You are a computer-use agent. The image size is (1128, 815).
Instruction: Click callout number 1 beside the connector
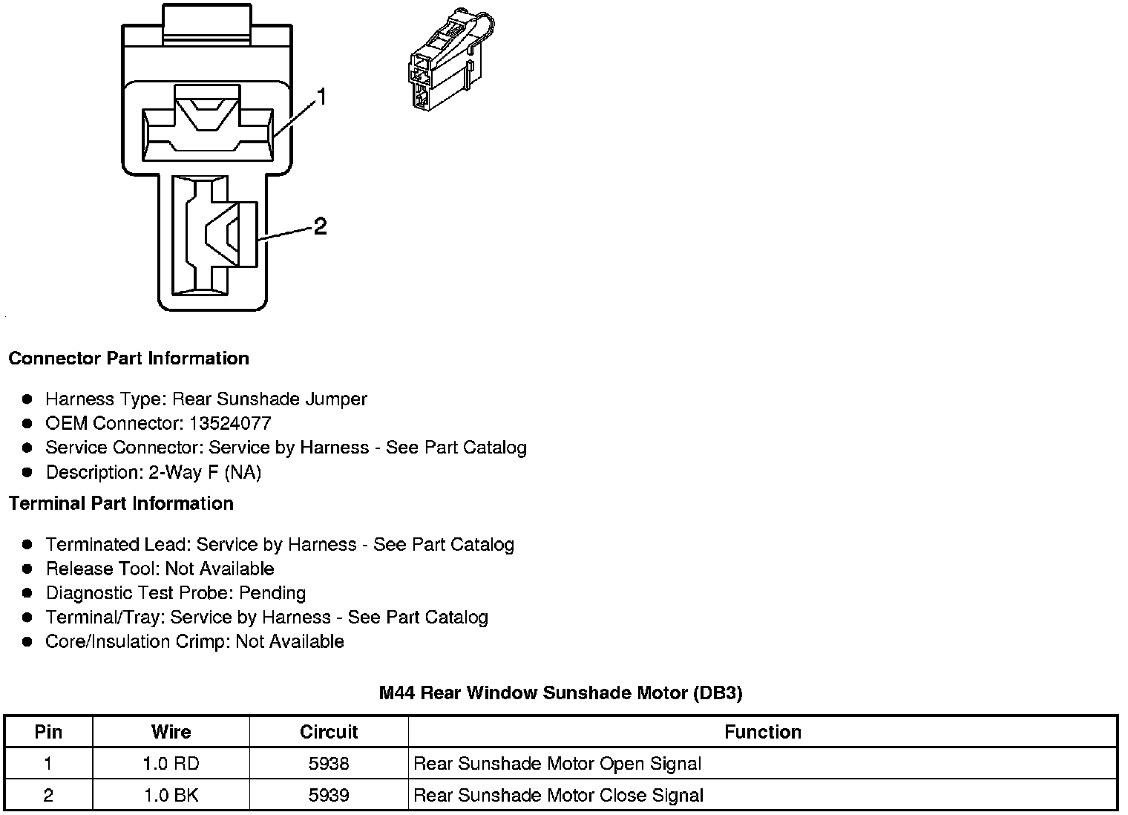pyautogui.click(x=321, y=97)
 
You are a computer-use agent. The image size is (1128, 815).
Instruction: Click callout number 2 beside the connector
pyautogui.click(x=320, y=226)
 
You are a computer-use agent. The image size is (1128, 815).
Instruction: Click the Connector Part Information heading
pyautogui.click(x=128, y=359)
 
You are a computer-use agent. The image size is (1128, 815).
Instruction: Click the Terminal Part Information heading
pyautogui.click(x=121, y=504)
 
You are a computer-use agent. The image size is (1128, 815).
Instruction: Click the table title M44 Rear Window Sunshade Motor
pyautogui.click(x=560, y=693)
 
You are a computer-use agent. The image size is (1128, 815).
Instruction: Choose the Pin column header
pyautogui.click(x=48, y=732)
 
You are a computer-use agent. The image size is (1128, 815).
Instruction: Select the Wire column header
pyautogui.click(x=171, y=732)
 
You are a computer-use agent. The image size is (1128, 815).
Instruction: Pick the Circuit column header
pyautogui.click(x=329, y=732)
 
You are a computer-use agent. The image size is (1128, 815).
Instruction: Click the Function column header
pyautogui.click(x=762, y=732)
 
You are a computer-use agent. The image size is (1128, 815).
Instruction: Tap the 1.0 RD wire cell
pyautogui.click(x=171, y=764)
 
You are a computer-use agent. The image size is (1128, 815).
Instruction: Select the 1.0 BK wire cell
pyautogui.click(x=171, y=796)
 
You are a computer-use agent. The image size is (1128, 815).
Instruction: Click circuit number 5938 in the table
pyautogui.click(x=329, y=764)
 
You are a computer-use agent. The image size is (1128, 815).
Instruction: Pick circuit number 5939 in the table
pyautogui.click(x=329, y=796)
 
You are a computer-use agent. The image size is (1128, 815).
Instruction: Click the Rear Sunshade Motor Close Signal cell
pyautogui.click(x=558, y=796)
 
